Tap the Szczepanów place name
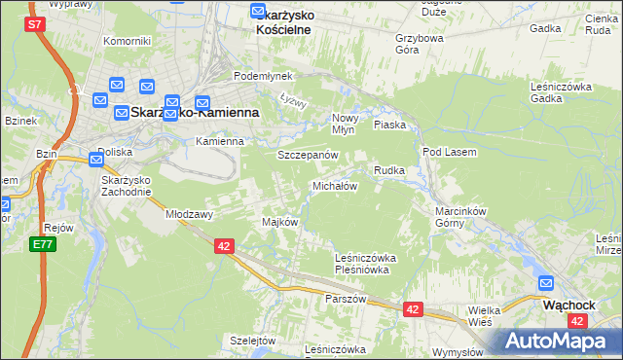308,156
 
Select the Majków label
279,222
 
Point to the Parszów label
346,299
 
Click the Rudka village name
389,170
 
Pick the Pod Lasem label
447,153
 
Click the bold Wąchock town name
568,304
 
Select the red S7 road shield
35,23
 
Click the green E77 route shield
42,244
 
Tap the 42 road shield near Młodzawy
224,247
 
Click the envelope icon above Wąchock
547,284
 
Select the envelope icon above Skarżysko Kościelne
258,12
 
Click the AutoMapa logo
563,341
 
